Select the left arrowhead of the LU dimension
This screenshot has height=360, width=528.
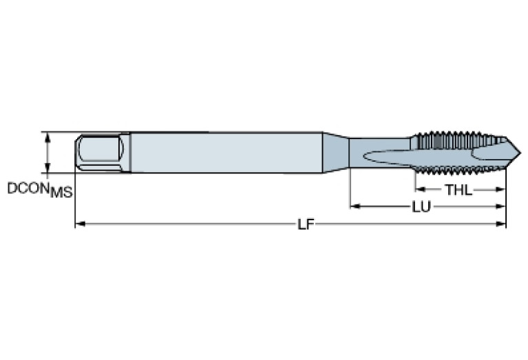click(355, 206)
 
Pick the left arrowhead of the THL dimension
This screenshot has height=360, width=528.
click(419, 189)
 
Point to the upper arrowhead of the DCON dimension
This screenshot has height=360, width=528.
click(47, 136)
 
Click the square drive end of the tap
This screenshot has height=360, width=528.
click(101, 152)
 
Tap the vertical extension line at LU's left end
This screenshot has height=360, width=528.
click(350, 186)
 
